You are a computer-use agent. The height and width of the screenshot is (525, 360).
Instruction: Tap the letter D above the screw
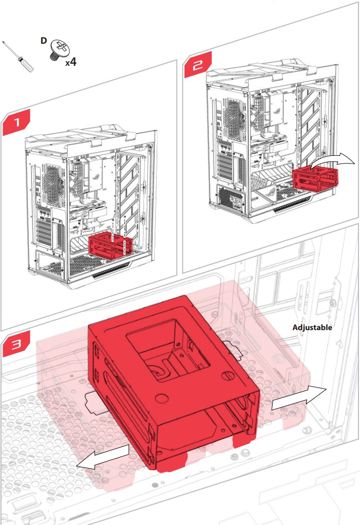click(x=44, y=40)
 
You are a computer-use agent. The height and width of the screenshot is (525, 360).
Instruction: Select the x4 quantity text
click(x=70, y=63)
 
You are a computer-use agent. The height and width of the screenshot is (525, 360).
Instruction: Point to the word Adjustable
click(x=312, y=327)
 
